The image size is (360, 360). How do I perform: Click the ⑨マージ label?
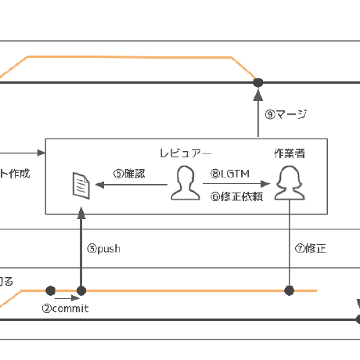[x=286, y=115]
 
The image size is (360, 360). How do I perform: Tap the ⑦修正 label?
[x=310, y=249]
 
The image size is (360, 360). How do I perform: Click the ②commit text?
[x=65, y=308]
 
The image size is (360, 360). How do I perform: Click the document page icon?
[x=81, y=185]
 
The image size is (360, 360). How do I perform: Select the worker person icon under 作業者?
[x=290, y=183]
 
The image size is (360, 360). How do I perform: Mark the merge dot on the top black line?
[x=257, y=82]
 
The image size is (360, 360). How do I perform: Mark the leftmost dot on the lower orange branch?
[x=51, y=290]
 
